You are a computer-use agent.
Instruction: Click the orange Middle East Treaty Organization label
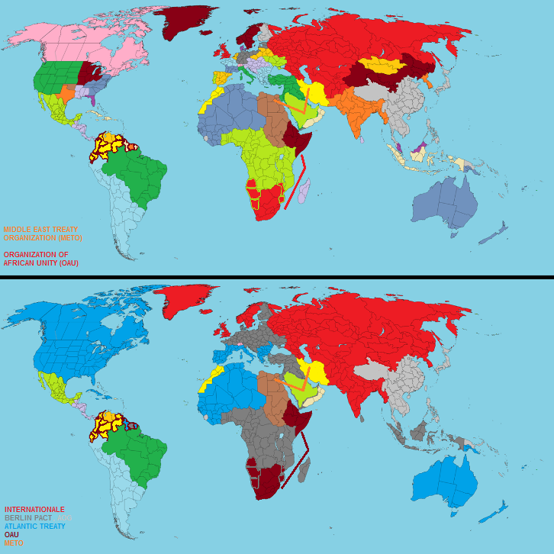pos(43,234)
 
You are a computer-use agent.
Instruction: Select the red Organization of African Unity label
pos(41,258)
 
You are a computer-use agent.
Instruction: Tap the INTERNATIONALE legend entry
pos(34,509)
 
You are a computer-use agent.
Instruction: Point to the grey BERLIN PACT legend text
pos(28,518)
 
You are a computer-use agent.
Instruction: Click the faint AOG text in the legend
pos(64,518)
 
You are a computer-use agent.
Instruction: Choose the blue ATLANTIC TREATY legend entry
pos(34,527)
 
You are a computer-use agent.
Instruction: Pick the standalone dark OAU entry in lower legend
pos(11,535)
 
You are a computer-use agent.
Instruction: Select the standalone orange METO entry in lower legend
pos(14,543)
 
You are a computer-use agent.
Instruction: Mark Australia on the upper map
pos(446,203)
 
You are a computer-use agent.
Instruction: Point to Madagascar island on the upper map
pos(303,191)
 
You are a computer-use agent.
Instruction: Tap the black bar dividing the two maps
pos(277,278)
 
